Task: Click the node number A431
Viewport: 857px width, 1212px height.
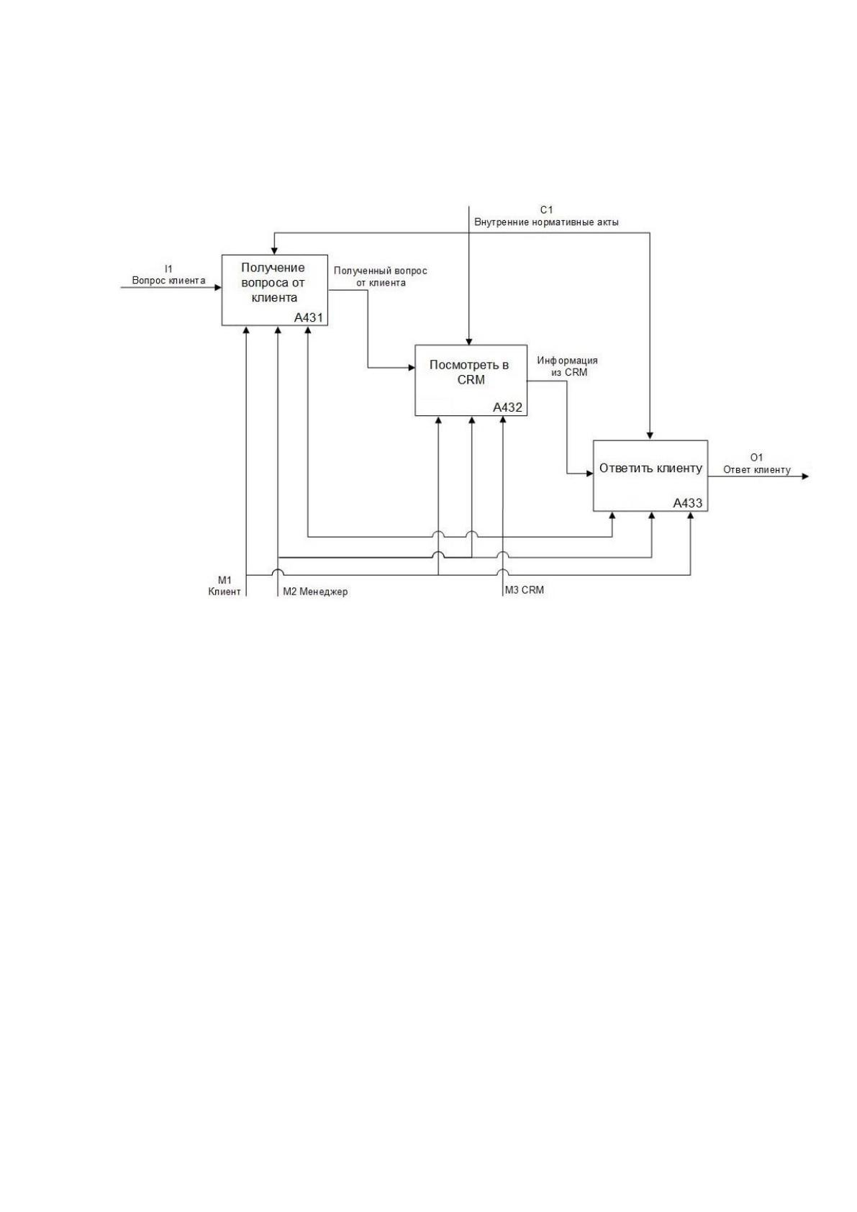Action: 309,317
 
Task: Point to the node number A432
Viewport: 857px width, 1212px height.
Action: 507,408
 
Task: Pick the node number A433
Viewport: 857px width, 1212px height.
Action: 688,503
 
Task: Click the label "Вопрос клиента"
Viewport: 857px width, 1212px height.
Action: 169,280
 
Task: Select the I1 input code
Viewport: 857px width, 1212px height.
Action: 169,269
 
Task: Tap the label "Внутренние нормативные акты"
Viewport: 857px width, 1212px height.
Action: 546,222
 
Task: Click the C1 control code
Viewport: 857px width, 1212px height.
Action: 546,210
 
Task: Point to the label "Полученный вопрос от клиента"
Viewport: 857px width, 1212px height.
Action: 381,276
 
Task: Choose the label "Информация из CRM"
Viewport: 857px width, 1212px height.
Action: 568,366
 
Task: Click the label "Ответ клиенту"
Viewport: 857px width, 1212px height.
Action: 757,470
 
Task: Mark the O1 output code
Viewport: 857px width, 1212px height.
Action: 757,458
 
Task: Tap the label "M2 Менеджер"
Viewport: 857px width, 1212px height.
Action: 315,592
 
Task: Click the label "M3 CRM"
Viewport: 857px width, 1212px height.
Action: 525,589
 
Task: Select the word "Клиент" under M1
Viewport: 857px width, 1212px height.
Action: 225,592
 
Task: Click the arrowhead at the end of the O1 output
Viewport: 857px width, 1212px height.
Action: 806,476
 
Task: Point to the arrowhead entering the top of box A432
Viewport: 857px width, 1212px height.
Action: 469,341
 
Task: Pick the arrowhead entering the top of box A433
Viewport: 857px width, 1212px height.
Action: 650,437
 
